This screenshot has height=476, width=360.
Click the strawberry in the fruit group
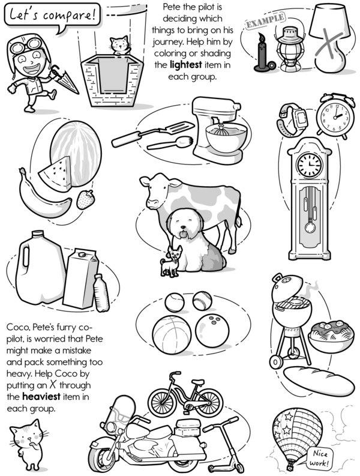tap(85, 199)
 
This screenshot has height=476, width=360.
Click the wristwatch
tap(292, 120)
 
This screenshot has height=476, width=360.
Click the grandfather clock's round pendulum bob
tap(310, 227)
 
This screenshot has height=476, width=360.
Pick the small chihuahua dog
tap(171, 261)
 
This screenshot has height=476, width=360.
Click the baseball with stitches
tap(202, 301)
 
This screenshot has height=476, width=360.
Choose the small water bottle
tap(101, 293)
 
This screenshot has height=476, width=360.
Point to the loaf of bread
tap(319, 381)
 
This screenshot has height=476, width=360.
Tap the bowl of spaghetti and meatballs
tap(331, 336)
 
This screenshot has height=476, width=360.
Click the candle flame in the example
tap(262, 38)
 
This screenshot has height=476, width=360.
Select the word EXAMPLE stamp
tap(265, 20)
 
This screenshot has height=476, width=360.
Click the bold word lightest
tap(185, 65)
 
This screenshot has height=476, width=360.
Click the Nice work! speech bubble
tap(320, 458)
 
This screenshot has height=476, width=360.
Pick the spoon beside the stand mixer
tap(170, 143)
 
